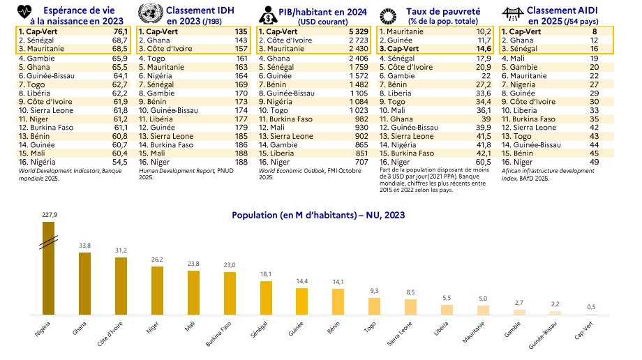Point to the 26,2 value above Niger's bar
(157, 260)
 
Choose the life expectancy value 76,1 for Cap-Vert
(121, 31)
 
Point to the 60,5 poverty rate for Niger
(482, 162)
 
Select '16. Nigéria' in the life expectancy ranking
(40, 162)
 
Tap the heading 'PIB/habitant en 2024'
(318, 10)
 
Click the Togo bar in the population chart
(375, 307)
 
